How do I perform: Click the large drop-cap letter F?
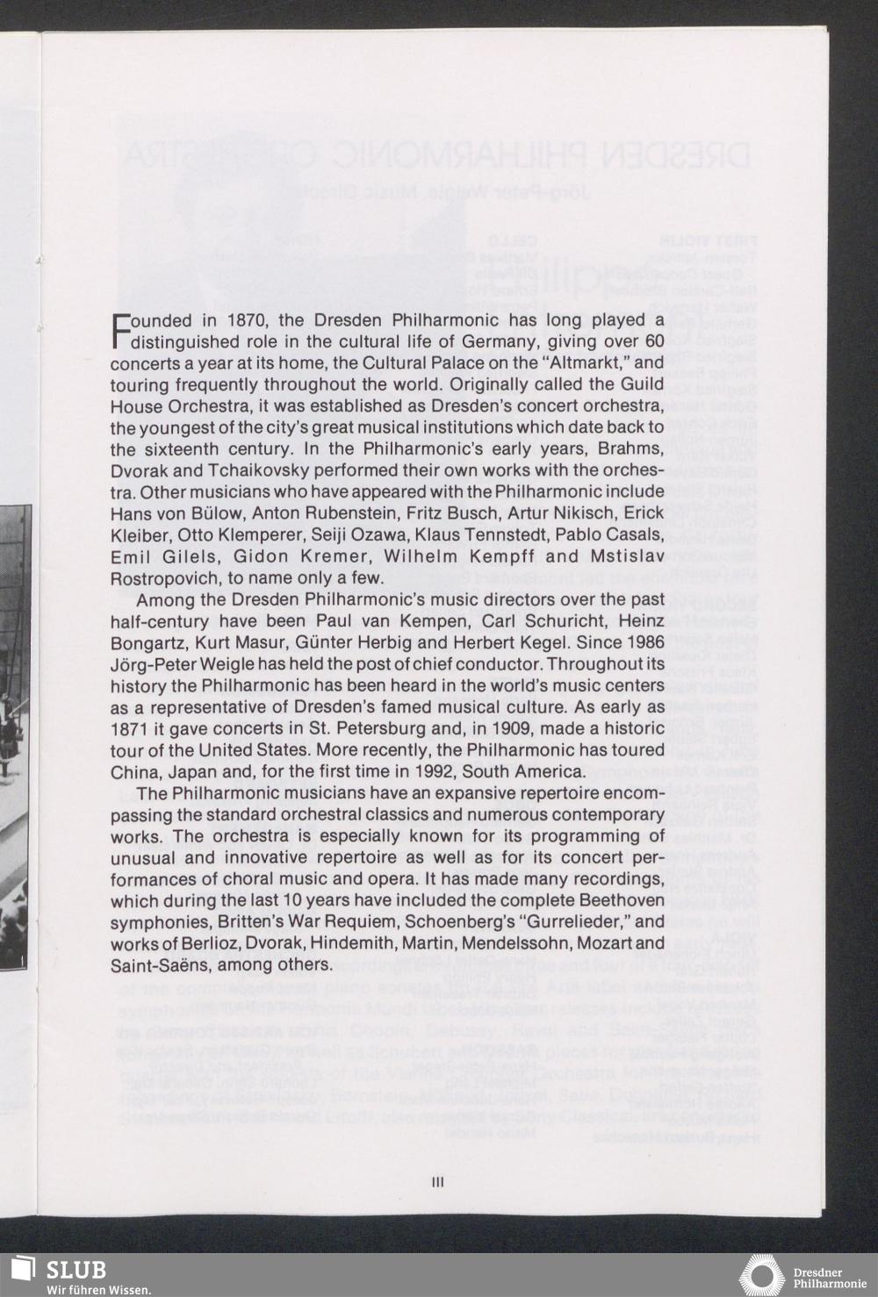pyautogui.click(x=120, y=331)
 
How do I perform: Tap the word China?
pyautogui.click(x=133, y=772)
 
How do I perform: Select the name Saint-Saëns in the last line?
pyautogui.click(x=159, y=965)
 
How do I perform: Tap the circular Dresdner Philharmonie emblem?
pyautogui.click(x=761, y=1276)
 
